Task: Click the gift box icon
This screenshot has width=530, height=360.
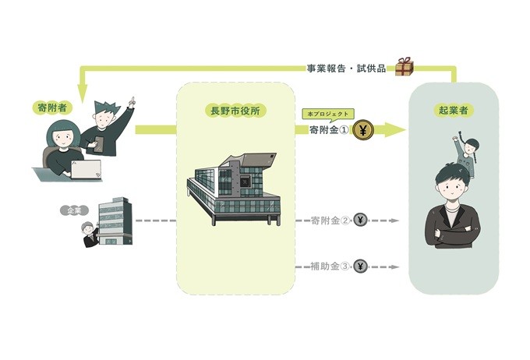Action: point(404,66)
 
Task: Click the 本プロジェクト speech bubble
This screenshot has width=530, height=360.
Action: point(324,114)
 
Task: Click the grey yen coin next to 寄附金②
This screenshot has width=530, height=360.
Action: point(360,221)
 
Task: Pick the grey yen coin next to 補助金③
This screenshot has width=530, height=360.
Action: point(360,266)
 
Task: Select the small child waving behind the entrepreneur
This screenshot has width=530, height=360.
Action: point(465,157)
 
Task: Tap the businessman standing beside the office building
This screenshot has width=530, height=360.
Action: point(90,235)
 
